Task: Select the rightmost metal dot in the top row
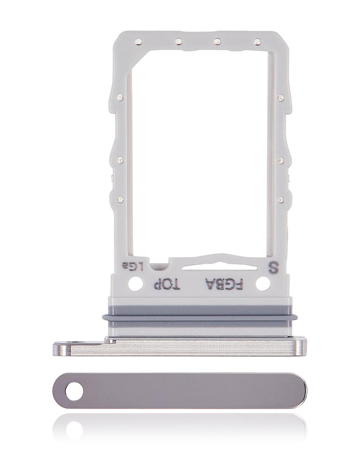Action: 258,42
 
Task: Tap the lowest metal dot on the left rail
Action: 120,199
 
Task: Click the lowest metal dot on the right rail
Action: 280,200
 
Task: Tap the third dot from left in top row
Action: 217,42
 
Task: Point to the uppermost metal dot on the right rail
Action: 280,97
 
